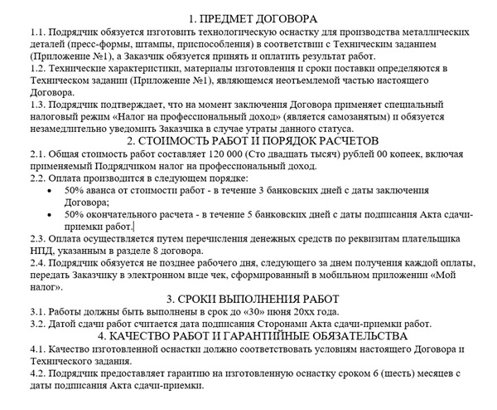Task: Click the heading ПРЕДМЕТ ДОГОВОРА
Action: click(x=249, y=17)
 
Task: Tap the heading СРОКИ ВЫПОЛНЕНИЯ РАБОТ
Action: click(x=249, y=299)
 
